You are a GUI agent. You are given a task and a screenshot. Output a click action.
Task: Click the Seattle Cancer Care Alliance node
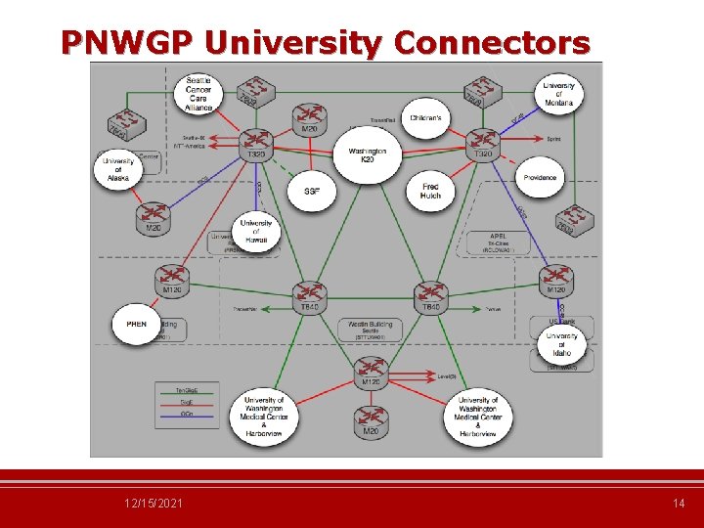(x=198, y=91)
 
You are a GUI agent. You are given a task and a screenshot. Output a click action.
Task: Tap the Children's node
(x=426, y=118)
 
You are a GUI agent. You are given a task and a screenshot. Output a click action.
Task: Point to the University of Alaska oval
(x=118, y=169)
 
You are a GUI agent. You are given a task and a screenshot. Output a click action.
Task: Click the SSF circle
(x=311, y=191)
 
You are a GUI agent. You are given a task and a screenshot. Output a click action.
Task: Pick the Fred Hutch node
(x=431, y=191)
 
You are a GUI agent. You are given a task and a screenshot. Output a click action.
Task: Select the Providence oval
(x=539, y=178)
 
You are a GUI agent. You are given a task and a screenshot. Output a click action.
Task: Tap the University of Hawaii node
(x=255, y=232)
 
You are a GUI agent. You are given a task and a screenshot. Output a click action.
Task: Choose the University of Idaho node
(x=561, y=345)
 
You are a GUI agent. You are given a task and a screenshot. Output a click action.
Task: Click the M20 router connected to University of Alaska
(x=153, y=217)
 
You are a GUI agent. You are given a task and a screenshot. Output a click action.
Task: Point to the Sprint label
(x=553, y=139)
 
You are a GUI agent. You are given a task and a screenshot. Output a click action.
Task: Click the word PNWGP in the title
(x=126, y=43)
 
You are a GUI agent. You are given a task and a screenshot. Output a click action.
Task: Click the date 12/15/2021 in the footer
(x=154, y=503)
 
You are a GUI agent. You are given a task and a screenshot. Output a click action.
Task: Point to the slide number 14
(x=679, y=503)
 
